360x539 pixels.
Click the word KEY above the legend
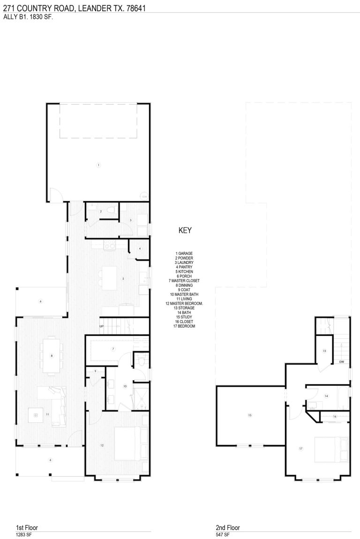[x=185, y=231]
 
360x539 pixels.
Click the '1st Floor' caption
[x=27, y=527]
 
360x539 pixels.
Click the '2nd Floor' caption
[x=228, y=527]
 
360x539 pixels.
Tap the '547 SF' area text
[x=222, y=535]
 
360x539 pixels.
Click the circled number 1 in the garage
[x=98, y=165]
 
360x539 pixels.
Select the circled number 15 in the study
[x=250, y=415]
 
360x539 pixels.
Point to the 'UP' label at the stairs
[x=101, y=326]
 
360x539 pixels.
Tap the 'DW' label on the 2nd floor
[x=342, y=362]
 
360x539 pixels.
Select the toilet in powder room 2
[x=110, y=211]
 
